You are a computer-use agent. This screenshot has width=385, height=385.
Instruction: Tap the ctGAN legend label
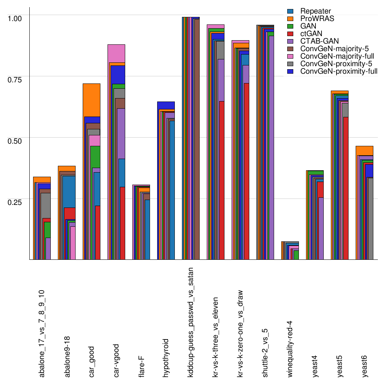311,33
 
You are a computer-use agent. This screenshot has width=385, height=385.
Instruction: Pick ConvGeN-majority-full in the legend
336,56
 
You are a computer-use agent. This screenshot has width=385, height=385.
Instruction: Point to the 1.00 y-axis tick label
15,18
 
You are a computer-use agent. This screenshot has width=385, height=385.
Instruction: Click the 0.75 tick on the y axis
15,79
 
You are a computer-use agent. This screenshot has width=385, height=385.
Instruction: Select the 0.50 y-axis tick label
15,140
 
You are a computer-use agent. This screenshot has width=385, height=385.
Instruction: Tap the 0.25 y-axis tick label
15,202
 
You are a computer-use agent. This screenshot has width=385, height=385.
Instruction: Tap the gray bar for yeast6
370,218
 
